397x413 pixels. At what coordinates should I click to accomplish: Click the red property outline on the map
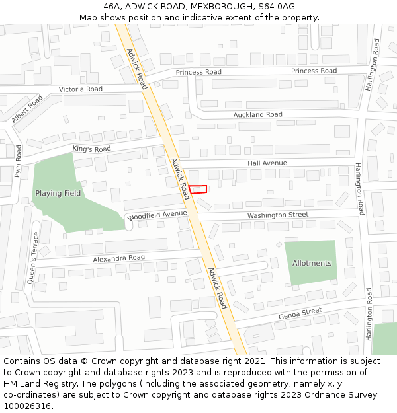point(198,189)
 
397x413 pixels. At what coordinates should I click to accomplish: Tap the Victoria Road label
point(81,89)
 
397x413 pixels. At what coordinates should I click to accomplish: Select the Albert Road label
point(26,109)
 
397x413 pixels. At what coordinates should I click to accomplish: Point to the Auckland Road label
point(257,114)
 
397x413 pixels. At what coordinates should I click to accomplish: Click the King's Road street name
point(92,149)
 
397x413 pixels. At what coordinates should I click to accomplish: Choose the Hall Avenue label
point(267,163)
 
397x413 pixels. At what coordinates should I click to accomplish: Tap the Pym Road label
point(19,162)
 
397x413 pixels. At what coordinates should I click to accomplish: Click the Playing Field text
point(58,193)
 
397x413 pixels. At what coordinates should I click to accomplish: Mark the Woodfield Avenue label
point(158,215)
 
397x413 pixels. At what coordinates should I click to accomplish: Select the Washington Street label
point(278,215)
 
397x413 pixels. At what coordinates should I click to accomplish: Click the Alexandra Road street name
point(118,258)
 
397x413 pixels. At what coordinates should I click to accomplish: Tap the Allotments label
point(312,263)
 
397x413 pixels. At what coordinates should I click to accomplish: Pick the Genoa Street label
point(300,313)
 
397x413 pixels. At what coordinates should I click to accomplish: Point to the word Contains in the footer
point(22,361)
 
